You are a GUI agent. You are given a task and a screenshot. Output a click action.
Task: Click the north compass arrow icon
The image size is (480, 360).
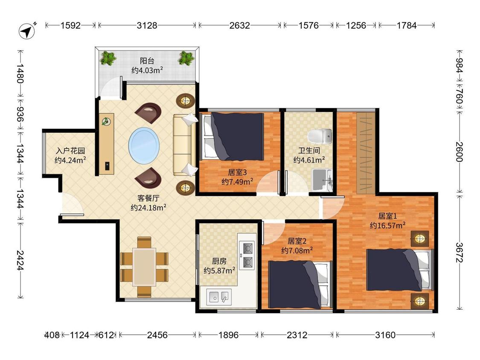pyautogui.click(x=27, y=31)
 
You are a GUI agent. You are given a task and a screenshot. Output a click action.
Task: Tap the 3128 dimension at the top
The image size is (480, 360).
pyautogui.click(x=147, y=26)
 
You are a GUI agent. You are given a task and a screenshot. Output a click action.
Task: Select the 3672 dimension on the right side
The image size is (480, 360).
pyautogui.click(x=459, y=253)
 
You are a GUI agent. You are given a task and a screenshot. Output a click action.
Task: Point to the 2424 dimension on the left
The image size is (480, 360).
pyautogui.click(x=20, y=260)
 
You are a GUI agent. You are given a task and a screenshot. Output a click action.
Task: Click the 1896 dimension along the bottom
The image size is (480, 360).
pyautogui.click(x=228, y=335)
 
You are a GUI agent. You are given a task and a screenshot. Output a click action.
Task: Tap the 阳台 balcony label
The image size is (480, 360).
pyautogui.click(x=147, y=61)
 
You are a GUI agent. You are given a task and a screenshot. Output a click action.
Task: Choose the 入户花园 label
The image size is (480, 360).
pyautogui.click(x=70, y=151)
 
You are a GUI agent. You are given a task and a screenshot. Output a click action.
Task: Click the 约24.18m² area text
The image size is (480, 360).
pyautogui.click(x=148, y=208)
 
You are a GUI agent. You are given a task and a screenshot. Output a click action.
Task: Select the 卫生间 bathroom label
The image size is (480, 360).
pyautogui.click(x=309, y=150)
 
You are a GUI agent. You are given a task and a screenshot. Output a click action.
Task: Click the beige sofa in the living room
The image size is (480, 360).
pyautogui.click(x=184, y=145)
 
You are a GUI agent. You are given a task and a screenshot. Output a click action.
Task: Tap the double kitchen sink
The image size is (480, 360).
pyautogui.click(x=218, y=296)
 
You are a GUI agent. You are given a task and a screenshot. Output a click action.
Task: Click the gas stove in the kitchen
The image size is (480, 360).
pyautogui.click(x=247, y=255)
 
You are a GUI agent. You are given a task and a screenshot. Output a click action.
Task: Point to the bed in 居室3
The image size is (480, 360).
pyautogui.click(x=232, y=136)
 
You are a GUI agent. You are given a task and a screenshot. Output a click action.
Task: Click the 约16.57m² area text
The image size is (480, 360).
pyautogui.click(x=387, y=226)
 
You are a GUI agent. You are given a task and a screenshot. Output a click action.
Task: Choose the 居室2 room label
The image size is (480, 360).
pyautogui.click(x=297, y=241)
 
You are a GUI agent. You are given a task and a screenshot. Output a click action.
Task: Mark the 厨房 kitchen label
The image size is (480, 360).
pyautogui.click(x=219, y=261)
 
